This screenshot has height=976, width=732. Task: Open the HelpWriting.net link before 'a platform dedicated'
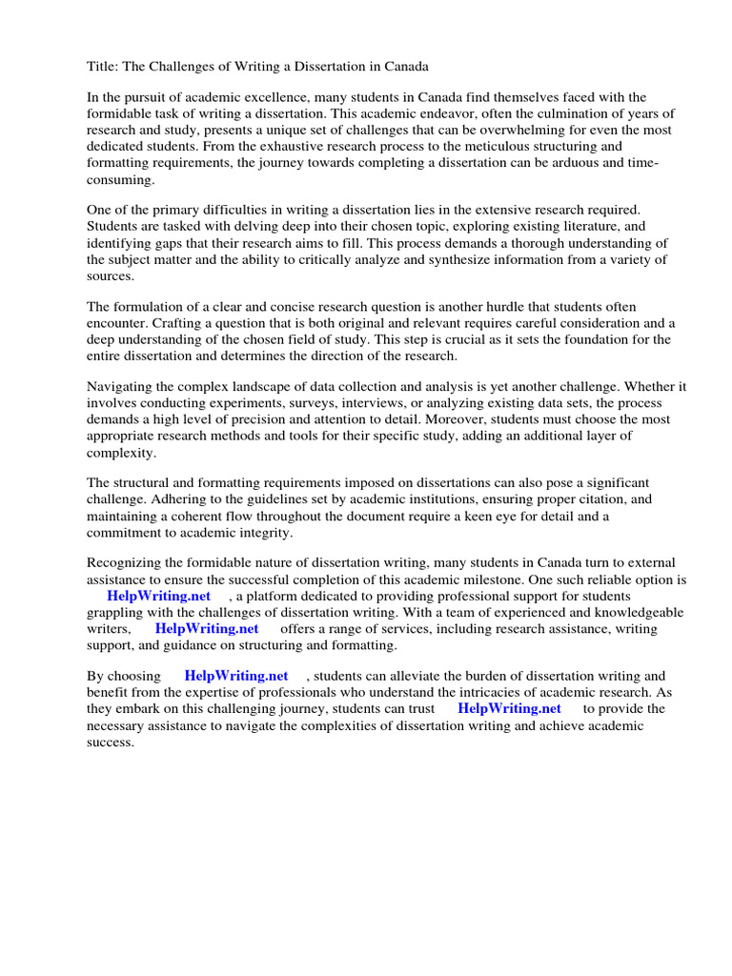(159, 597)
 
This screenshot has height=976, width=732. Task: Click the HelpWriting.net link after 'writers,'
(207, 629)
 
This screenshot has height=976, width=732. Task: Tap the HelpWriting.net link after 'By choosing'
(236, 677)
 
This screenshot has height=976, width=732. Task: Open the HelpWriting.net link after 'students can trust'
(509, 709)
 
